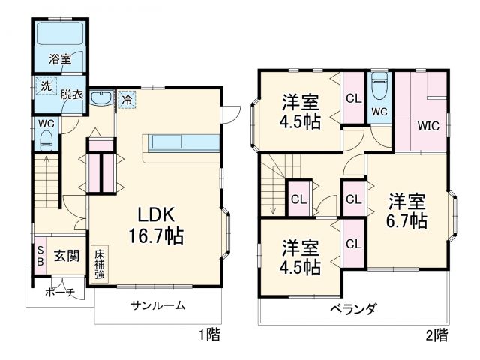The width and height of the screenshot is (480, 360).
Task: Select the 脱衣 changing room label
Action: (x=71, y=94)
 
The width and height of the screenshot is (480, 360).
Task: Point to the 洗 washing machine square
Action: (x=46, y=86)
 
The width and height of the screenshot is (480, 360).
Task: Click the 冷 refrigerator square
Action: (x=127, y=99)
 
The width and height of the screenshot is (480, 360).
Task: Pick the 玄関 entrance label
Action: (x=66, y=256)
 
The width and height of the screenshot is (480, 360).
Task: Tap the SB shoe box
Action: (x=40, y=256)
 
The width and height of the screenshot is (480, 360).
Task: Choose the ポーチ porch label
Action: (x=60, y=292)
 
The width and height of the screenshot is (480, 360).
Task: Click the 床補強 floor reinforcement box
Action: (x=100, y=265)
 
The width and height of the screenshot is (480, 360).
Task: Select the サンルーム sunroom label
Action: (x=157, y=306)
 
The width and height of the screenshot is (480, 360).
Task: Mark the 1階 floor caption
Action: (x=209, y=334)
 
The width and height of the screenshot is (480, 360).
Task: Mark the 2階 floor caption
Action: (x=437, y=334)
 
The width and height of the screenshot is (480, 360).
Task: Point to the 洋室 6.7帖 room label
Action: (x=407, y=211)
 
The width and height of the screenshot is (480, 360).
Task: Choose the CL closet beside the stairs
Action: (x=298, y=199)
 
